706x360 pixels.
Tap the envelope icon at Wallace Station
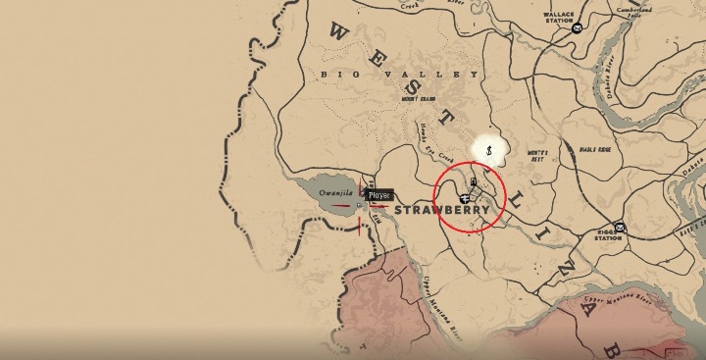(577, 27)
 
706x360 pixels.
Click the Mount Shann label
(421, 98)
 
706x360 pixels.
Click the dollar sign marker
(488, 149)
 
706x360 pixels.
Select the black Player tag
(379, 195)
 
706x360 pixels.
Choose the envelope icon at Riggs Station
(621, 228)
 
